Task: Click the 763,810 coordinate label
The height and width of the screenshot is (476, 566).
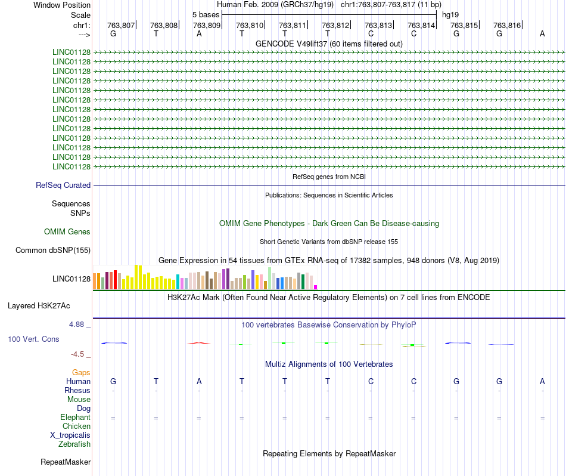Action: tap(249, 25)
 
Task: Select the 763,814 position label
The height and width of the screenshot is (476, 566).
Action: tap(421, 25)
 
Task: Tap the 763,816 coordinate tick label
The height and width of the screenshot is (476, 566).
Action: tap(506, 25)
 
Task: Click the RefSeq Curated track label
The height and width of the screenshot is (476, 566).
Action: tap(63, 186)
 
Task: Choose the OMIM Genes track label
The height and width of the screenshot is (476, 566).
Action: tap(67, 231)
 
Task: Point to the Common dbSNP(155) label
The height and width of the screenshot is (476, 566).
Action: tap(53, 251)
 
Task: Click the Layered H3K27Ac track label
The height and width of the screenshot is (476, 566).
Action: tap(39, 306)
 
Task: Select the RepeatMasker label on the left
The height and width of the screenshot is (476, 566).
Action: tap(66, 462)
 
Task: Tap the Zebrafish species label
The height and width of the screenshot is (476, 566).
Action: tap(74, 444)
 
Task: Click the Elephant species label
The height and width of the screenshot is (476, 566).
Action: tap(75, 418)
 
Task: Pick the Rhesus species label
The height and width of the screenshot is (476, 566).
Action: tap(77, 391)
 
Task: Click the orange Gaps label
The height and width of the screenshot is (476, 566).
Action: tap(81, 373)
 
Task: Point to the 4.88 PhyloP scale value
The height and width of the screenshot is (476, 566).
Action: tap(77, 324)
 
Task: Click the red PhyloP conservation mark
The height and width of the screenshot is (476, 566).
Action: tap(198, 343)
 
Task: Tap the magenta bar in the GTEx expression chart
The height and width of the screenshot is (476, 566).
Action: tap(316, 287)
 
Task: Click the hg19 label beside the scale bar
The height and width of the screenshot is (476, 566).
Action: tap(450, 14)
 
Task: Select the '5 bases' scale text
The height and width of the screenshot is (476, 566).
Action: tap(206, 14)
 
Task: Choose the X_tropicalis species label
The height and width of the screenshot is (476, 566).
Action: tap(70, 435)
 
